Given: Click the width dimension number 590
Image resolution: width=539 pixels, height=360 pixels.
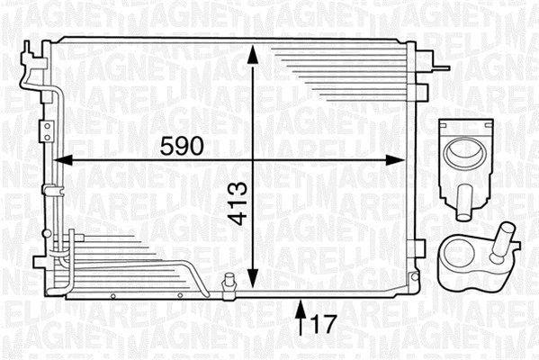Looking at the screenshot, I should (x=183, y=144).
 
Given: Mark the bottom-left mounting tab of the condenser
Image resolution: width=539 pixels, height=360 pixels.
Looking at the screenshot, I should (x=38, y=263).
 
